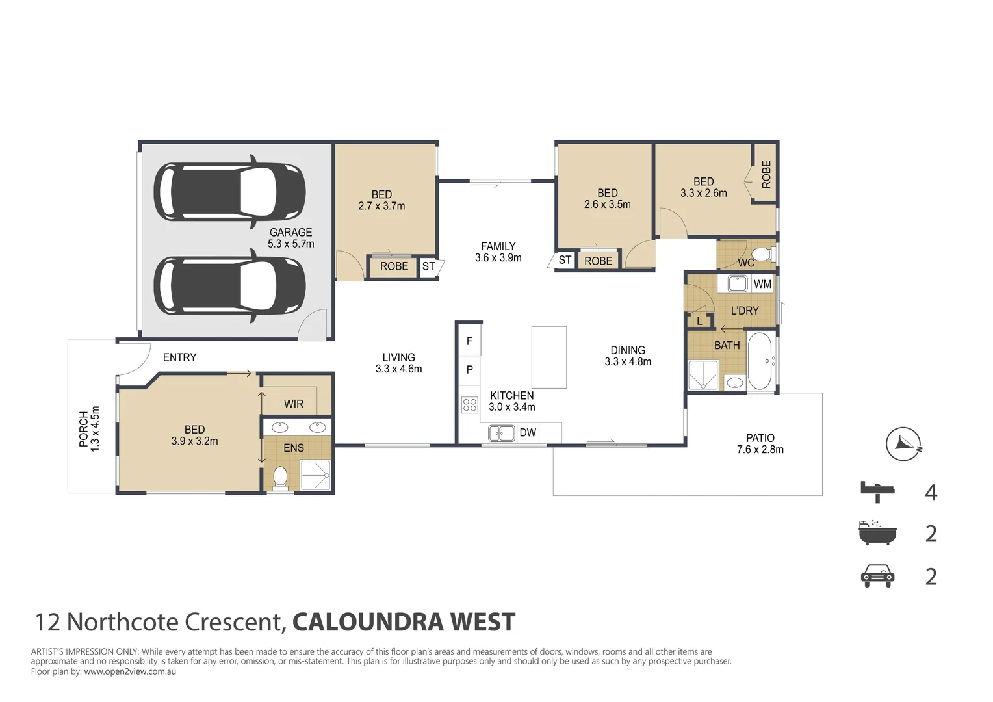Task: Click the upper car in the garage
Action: (x=229, y=192)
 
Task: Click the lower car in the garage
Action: (x=229, y=287)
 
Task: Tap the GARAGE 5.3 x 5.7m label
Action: (x=290, y=238)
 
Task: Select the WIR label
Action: (x=294, y=404)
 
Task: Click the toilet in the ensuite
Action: (x=280, y=477)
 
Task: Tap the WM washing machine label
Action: (x=762, y=284)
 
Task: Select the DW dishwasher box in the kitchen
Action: (x=528, y=432)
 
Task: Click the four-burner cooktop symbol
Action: (x=470, y=405)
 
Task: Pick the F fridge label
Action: (x=469, y=341)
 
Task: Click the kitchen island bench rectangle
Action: (x=548, y=357)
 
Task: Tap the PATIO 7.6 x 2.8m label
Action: (x=760, y=444)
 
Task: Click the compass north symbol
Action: (x=903, y=444)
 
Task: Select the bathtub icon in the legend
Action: (x=877, y=532)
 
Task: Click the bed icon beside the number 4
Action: (x=877, y=491)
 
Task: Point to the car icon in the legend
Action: (x=877, y=576)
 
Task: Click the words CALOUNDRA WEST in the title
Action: (x=404, y=622)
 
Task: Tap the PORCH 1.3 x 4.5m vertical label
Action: (x=89, y=429)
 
